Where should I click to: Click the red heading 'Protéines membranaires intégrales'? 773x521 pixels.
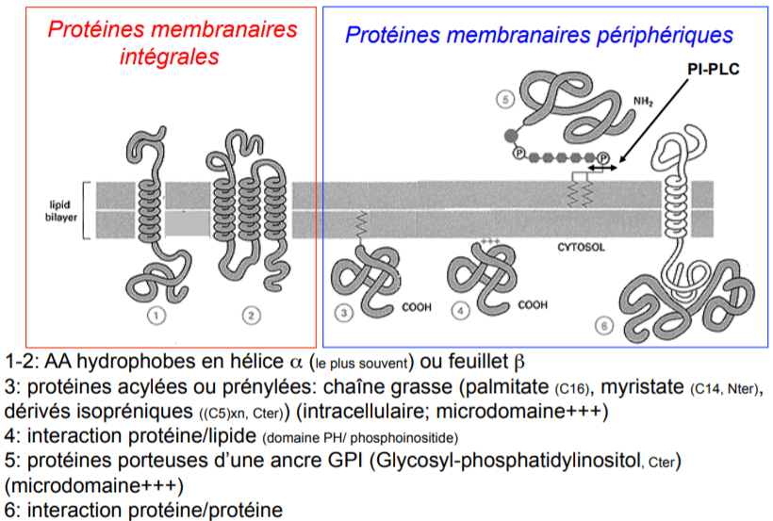[x=172, y=42]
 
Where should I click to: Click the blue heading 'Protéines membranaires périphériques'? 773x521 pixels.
[x=538, y=35]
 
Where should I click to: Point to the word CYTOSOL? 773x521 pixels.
[x=575, y=250]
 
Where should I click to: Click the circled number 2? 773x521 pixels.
[x=250, y=316]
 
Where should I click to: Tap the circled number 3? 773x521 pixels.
[x=345, y=311]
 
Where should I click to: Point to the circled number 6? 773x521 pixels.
[x=604, y=326]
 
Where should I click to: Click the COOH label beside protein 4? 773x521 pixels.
[x=533, y=304]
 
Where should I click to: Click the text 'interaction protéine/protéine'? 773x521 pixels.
[x=153, y=510]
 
